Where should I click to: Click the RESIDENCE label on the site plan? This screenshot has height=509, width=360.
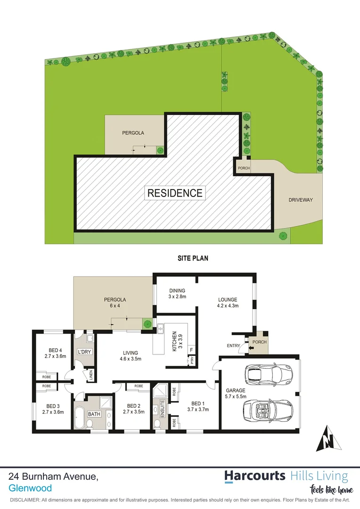click(175, 193)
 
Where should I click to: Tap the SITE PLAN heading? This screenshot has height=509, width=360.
click(193, 258)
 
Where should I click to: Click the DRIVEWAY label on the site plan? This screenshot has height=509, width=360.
click(301, 200)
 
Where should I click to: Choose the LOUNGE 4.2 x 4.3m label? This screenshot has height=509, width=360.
click(227, 302)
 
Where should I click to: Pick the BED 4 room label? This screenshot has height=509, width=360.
click(55, 353)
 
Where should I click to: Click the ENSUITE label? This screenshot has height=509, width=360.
click(162, 408)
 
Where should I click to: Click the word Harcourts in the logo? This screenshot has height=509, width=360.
click(254, 476)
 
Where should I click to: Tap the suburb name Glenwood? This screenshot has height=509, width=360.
click(30, 488)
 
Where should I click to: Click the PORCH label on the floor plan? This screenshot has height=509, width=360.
click(260, 343)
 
